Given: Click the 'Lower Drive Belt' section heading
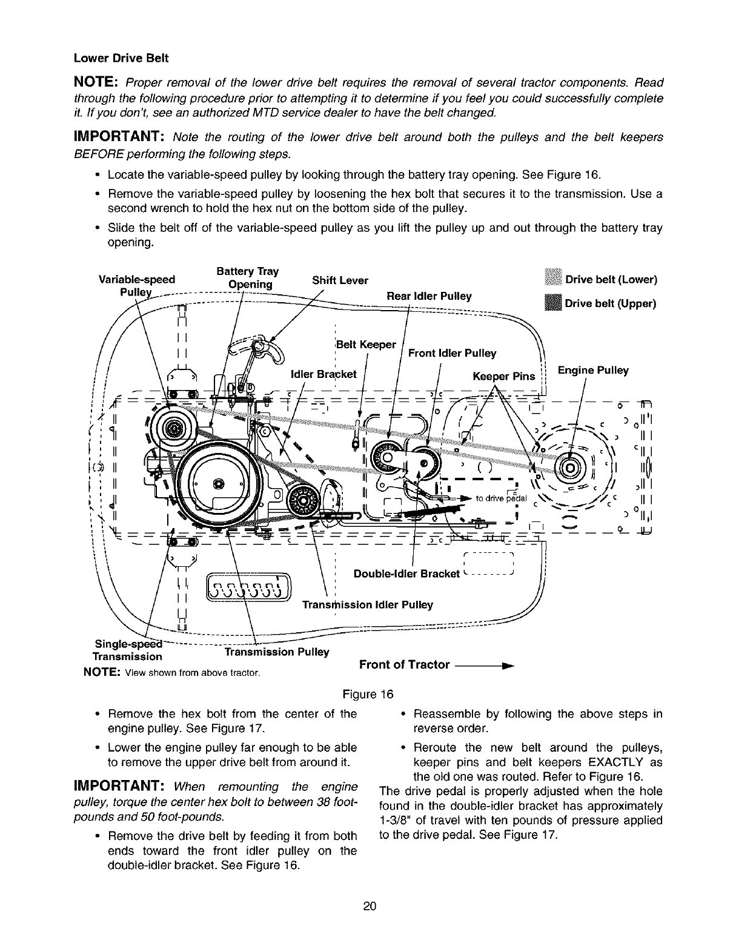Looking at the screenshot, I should [x=121, y=59].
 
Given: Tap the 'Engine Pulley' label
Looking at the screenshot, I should [x=592, y=371].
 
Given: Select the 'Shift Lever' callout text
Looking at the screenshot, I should [x=340, y=280].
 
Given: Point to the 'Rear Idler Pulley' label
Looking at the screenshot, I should [x=429, y=296].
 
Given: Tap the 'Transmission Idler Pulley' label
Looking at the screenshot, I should [x=367, y=605].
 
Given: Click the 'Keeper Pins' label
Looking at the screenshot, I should [x=503, y=377].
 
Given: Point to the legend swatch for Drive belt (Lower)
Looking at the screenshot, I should [x=554, y=280].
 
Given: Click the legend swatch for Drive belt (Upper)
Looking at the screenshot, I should [x=554, y=303].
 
